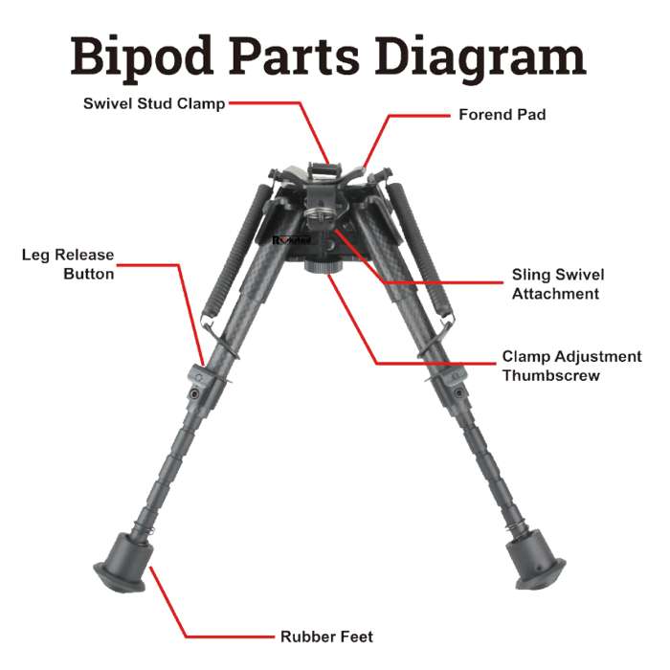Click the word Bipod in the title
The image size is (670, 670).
click(142, 56)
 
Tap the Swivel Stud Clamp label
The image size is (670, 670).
click(154, 103)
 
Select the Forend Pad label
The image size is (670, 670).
click(502, 115)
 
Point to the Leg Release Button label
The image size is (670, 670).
click(68, 264)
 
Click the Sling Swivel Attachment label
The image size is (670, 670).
click(558, 284)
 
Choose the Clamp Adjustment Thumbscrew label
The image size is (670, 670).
click(571, 366)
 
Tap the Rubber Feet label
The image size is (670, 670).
click(327, 636)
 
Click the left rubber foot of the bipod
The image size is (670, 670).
click(123, 563)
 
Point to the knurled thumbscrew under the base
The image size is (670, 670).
click(324, 267)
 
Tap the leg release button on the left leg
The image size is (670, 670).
click(198, 375)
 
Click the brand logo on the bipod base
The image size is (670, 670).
click(291, 240)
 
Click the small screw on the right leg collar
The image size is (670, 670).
click(458, 391)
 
